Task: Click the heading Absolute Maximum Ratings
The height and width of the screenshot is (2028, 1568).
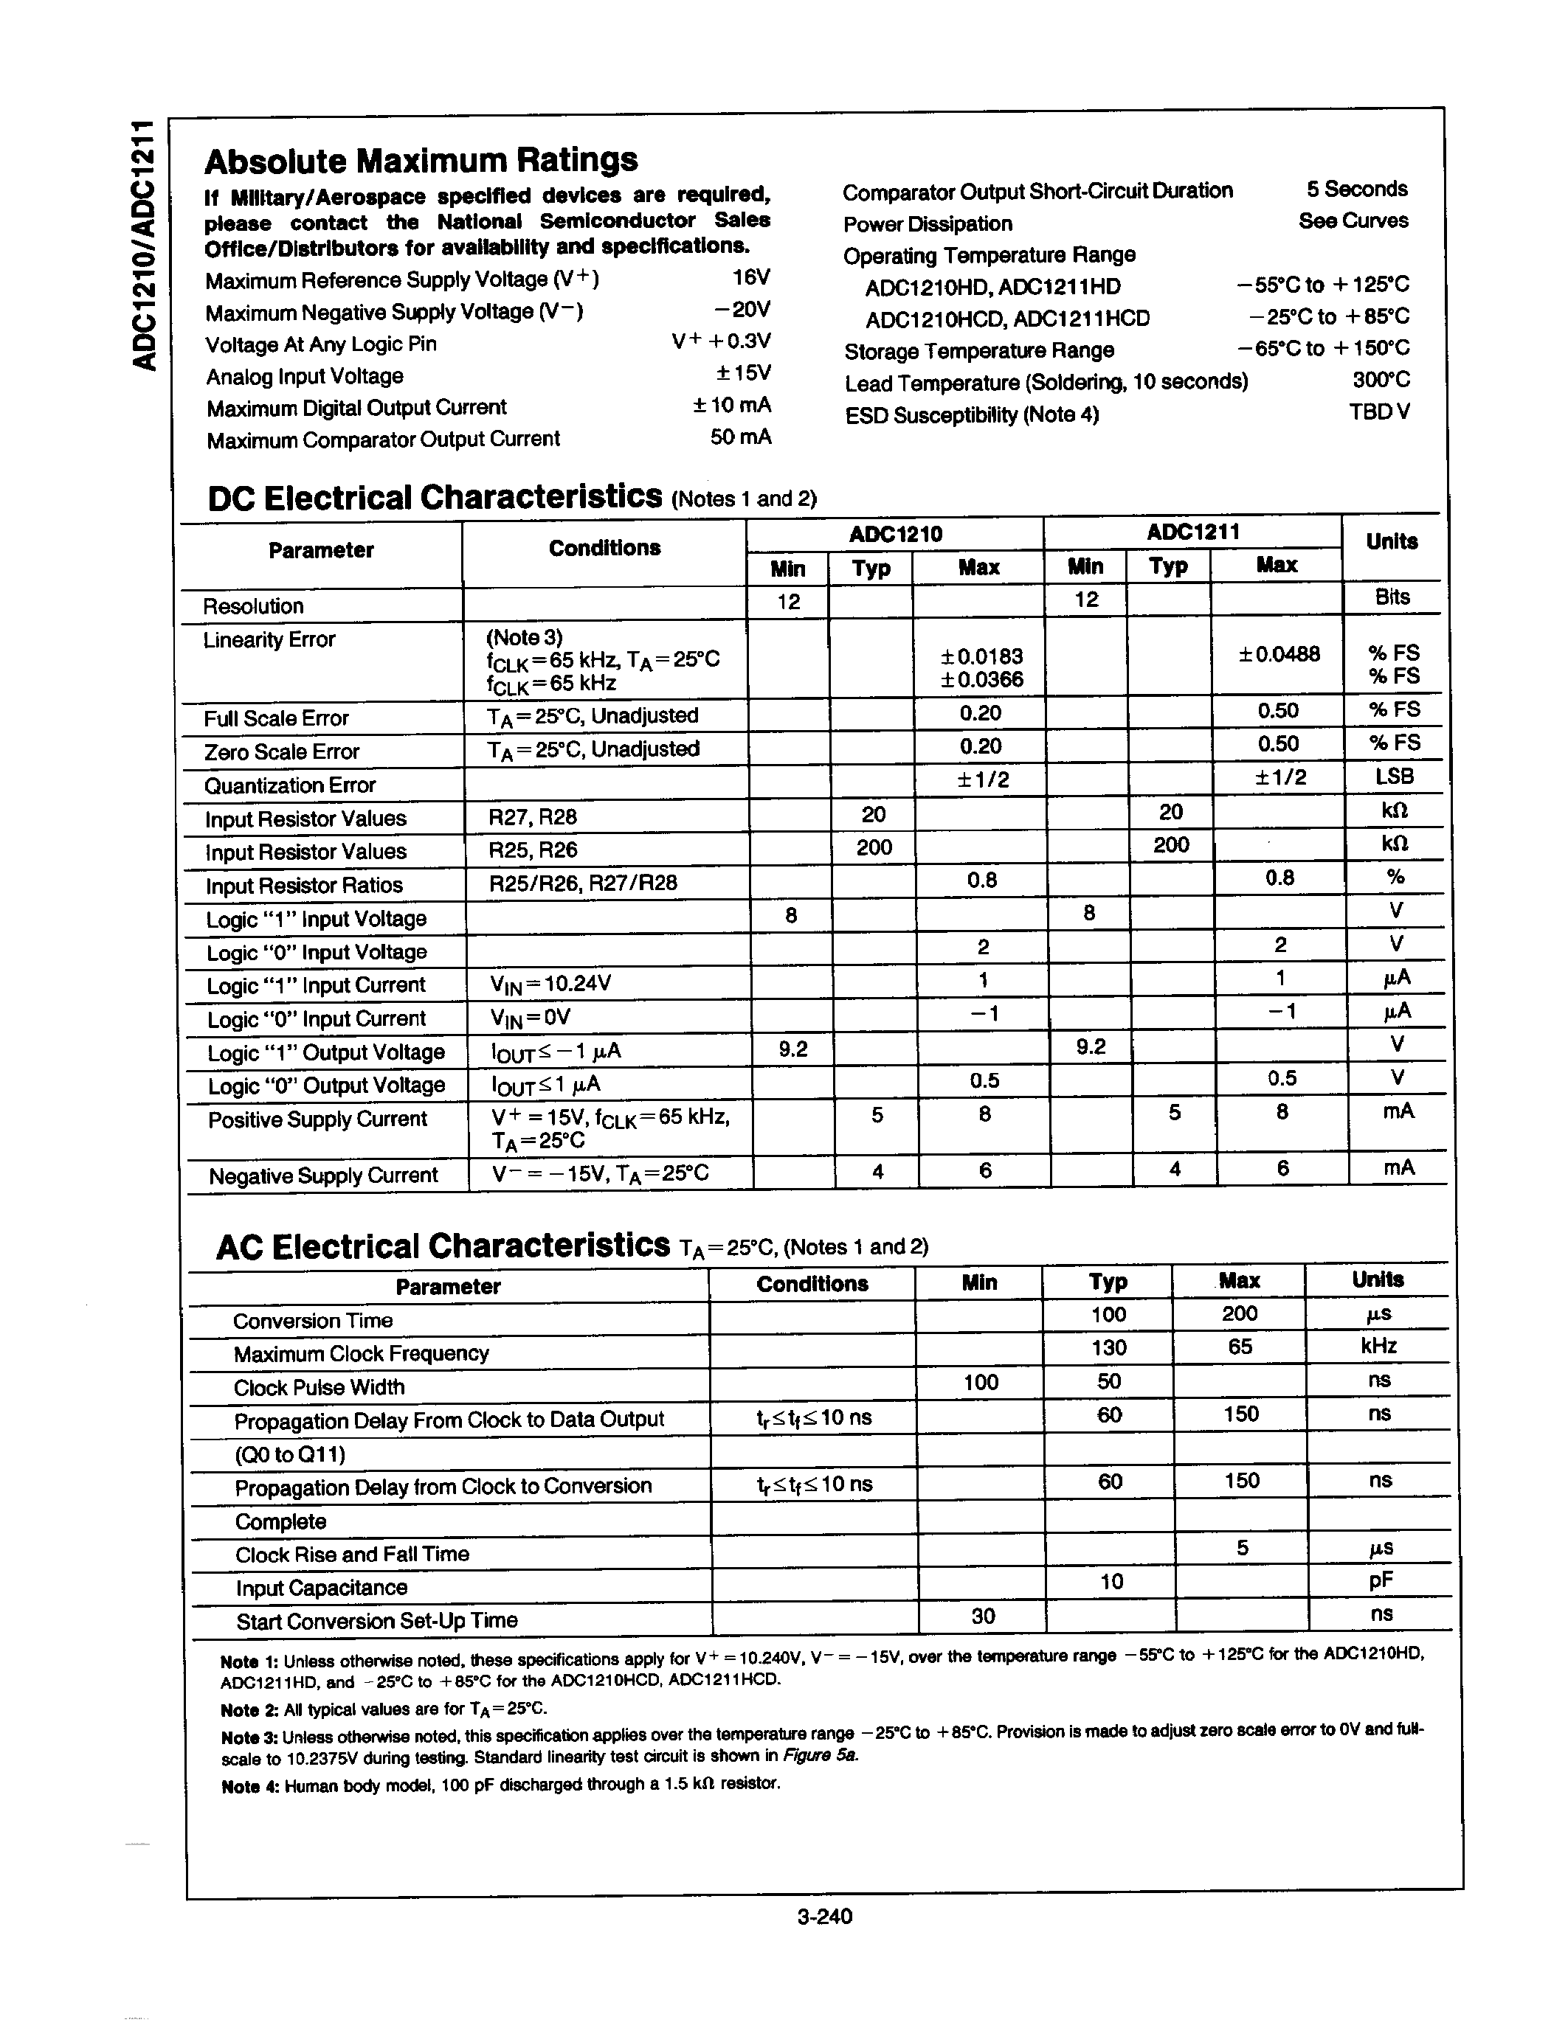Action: (421, 161)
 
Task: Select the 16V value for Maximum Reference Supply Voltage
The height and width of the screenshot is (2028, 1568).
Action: (750, 277)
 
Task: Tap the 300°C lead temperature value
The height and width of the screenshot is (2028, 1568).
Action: (1381, 380)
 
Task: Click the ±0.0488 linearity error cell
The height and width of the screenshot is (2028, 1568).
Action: (1279, 653)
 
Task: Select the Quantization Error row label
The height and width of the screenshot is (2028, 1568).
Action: (290, 785)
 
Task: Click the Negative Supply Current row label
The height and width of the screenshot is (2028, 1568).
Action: (323, 1176)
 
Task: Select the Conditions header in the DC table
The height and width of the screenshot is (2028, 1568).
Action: (605, 548)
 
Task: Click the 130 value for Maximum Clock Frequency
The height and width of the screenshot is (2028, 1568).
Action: (1109, 1347)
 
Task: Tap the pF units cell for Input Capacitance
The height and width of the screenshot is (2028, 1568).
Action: (1381, 1580)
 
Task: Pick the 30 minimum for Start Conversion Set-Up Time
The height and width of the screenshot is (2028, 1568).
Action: (983, 1617)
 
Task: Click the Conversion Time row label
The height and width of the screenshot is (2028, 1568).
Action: (313, 1321)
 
